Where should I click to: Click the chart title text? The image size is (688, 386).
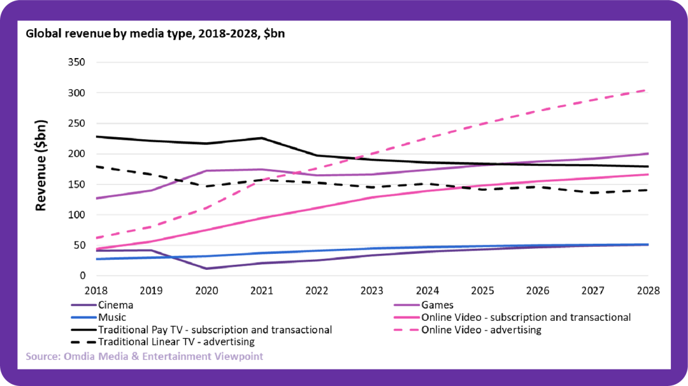155,34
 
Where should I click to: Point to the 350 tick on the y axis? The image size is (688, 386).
77,63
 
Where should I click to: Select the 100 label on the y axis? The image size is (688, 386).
77,215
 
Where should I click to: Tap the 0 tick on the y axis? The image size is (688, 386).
82,276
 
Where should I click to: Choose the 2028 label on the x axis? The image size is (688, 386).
647,290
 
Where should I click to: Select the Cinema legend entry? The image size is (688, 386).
115,305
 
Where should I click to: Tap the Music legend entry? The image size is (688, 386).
112,317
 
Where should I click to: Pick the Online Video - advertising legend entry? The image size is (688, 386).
480,330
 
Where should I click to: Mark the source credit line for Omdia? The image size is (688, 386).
144,357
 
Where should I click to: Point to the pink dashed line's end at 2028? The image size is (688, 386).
647,90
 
